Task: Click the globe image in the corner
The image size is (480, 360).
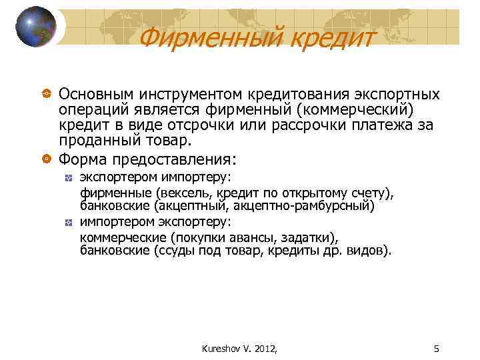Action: [x=36, y=27]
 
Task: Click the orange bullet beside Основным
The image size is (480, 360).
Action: [x=45, y=94]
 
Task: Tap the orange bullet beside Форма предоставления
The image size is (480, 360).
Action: [x=45, y=159]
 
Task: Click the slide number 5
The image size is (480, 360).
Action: [x=436, y=347]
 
